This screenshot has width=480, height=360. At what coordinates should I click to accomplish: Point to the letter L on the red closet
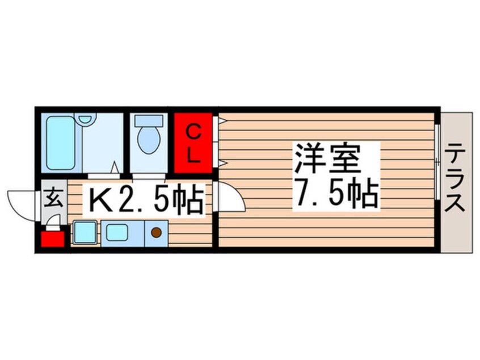193,157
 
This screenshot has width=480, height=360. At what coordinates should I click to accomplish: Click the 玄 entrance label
52,199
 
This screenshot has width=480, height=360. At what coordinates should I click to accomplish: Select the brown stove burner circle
156,232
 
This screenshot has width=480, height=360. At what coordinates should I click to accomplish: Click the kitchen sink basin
120,232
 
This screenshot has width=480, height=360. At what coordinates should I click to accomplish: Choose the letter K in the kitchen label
97,200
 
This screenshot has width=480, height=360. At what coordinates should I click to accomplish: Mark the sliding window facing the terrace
437,162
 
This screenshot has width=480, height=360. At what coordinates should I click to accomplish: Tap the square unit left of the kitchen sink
85,232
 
